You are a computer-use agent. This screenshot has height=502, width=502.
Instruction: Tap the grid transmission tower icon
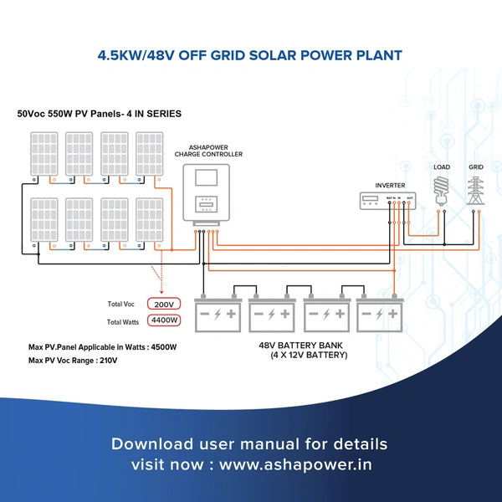(x=476, y=190)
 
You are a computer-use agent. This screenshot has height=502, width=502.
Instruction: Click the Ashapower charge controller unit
(x=206, y=192)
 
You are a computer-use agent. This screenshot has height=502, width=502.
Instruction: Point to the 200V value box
(x=163, y=304)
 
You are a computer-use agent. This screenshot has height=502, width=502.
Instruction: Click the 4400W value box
(x=163, y=320)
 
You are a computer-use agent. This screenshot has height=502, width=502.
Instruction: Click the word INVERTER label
(x=390, y=184)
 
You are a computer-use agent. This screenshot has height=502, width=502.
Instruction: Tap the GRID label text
(x=476, y=167)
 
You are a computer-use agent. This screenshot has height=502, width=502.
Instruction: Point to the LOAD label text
(x=442, y=167)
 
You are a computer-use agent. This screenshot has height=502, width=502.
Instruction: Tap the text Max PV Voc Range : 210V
(x=73, y=361)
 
